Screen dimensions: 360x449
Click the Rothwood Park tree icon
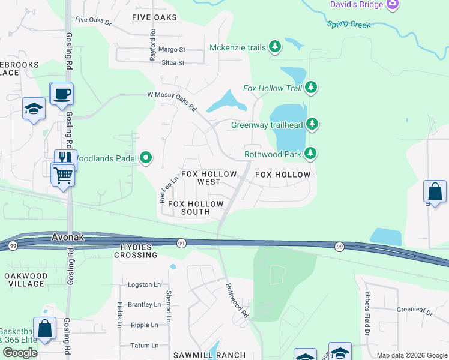coord(310,154)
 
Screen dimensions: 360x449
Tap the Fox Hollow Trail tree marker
coord(311,88)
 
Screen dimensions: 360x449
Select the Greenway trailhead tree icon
coord(312,125)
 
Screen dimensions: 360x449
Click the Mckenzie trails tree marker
coord(275,47)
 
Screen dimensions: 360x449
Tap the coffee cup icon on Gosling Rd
coord(62,94)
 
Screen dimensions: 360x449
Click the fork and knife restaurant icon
coord(65,159)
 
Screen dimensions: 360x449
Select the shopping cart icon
coord(62,175)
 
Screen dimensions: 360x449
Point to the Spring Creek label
coord(349,24)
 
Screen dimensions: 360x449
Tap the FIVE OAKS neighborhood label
coord(155,17)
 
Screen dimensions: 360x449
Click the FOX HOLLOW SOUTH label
coord(196,208)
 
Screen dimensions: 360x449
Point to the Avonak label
coord(68,238)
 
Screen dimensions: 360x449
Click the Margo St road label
coord(172,49)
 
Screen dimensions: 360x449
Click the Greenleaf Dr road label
coord(414,312)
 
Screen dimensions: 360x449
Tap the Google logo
coord(20,353)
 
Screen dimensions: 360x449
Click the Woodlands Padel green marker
coord(146,158)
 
